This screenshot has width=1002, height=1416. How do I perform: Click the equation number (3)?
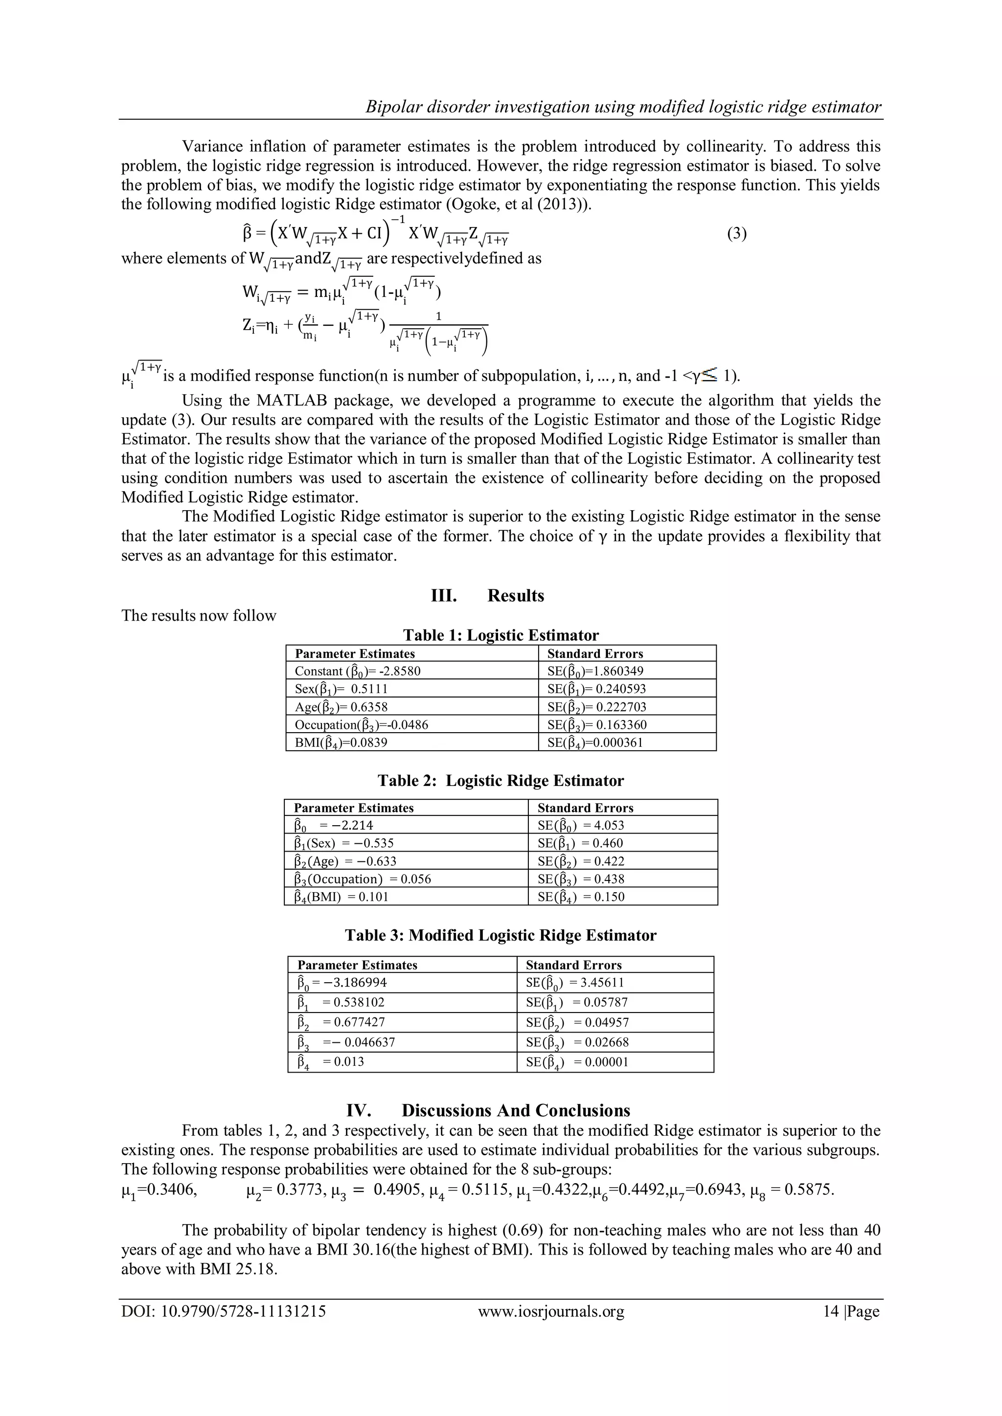click(x=737, y=234)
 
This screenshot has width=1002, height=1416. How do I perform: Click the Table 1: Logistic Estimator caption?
click(x=501, y=635)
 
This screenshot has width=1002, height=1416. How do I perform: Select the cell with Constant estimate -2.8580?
click(x=358, y=671)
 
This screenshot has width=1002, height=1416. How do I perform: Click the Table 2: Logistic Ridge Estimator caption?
click(x=501, y=781)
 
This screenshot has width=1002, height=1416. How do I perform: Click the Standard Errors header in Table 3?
click(x=573, y=965)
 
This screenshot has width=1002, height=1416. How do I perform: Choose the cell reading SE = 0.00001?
click(x=577, y=1062)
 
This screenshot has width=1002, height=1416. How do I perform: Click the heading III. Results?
click(x=487, y=596)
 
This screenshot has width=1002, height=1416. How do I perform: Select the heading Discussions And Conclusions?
click(x=516, y=1111)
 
